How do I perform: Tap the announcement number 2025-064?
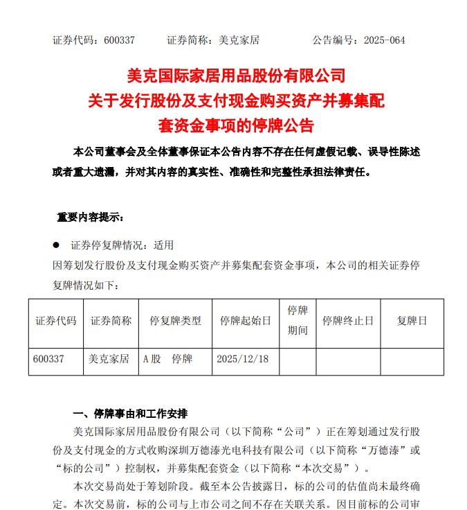[x=387, y=40]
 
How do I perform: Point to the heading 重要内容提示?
[x=90, y=218]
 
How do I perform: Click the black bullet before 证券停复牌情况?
[x=56, y=245]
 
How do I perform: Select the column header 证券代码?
[x=56, y=321]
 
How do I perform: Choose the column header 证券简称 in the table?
[x=111, y=321]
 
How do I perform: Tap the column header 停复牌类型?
[x=175, y=321]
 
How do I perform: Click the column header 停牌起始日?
[x=245, y=321]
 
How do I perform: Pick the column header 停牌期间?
[x=297, y=320]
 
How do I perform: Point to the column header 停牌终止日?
[x=348, y=321]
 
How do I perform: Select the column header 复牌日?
[x=412, y=321]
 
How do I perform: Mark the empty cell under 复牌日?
[x=412, y=361]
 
